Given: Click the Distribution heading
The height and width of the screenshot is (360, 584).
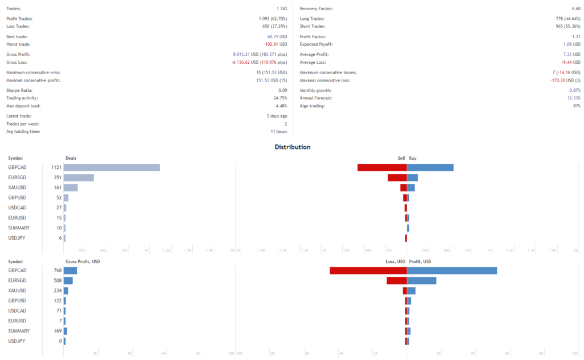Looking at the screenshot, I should pyautogui.click(x=293, y=147).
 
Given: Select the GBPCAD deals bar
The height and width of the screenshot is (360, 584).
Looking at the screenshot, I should pyautogui.click(x=111, y=167).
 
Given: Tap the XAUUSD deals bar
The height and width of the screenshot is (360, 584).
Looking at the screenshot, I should pyautogui.click(x=70, y=187).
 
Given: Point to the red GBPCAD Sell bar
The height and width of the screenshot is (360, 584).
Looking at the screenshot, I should pyautogui.click(x=382, y=167).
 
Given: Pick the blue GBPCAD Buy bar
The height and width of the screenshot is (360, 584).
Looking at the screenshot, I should pyautogui.click(x=430, y=167).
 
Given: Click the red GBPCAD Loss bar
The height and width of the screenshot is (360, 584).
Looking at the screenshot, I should pyautogui.click(x=368, y=270).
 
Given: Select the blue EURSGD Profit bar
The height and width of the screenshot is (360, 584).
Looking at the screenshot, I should pyautogui.click(x=421, y=281).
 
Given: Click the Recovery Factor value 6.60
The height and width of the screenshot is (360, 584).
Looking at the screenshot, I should pyautogui.click(x=575, y=9).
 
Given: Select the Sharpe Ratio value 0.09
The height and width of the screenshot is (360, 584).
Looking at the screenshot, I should pyautogui.click(x=282, y=91).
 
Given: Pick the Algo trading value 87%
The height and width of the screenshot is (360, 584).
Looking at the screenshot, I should pyautogui.click(x=576, y=106).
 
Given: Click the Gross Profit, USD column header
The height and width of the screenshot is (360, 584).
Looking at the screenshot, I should pyautogui.click(x=83, y=261).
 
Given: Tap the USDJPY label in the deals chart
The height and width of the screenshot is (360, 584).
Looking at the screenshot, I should pyautogui.click(x=17, y=237).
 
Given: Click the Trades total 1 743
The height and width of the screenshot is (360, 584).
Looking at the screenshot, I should pyautogui.click(x=281, y=9).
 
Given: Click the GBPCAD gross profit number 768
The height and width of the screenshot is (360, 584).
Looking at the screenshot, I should pyautogui.click(x=56, y=270).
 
